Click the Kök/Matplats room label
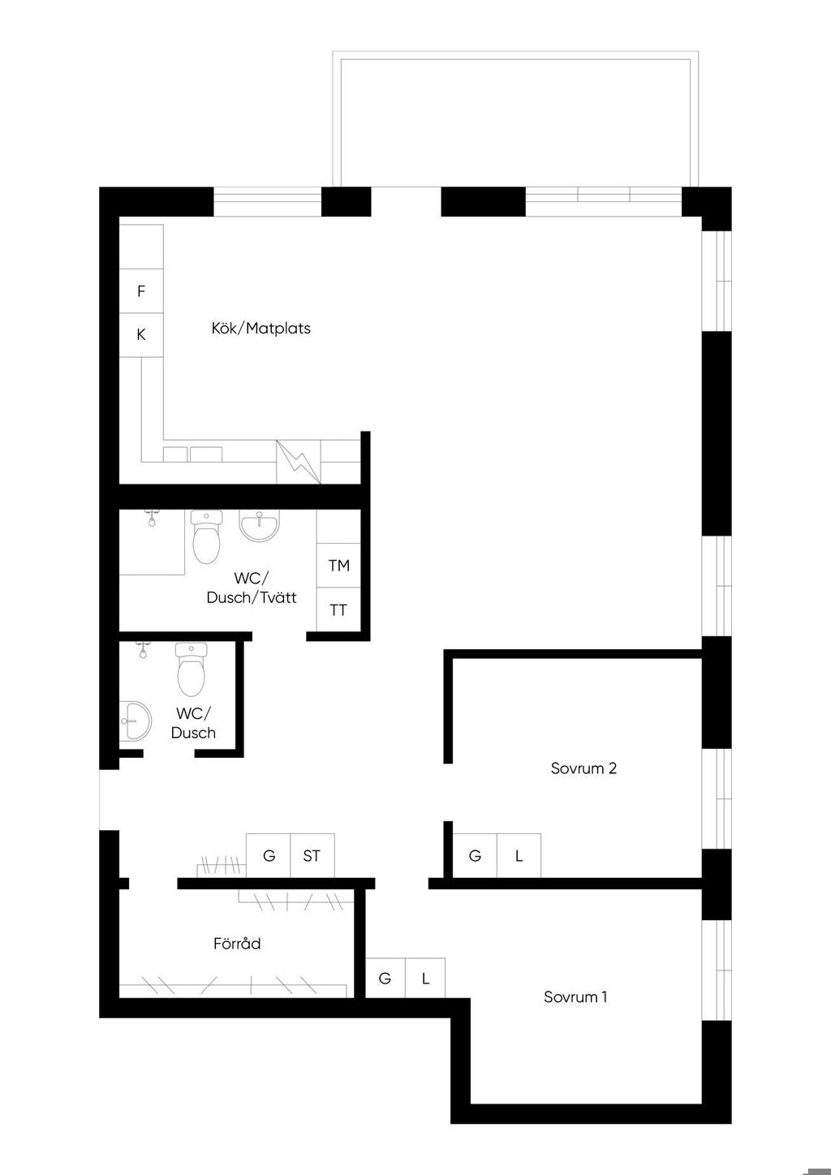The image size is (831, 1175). [260, 329]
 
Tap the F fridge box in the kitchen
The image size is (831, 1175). [141, 291]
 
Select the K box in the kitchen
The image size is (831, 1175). [141, 335]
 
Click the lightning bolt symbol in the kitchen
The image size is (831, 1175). [299, 462]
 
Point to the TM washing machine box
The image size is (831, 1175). [338, 566]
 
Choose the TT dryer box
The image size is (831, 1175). [338, 609]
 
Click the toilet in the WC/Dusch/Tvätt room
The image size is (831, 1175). [206, 536]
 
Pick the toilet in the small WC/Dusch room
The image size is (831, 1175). [191, 669]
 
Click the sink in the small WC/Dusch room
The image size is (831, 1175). [136, 721]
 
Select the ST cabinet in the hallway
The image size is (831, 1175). [312, 855]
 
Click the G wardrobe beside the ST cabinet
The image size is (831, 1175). [268, 855]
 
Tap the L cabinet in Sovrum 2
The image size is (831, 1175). [519, 855]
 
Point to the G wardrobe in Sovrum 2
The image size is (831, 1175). [475, 855]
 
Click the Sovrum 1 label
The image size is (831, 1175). [575, 996]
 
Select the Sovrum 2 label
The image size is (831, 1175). [583, 768]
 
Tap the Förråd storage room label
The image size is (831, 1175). [237, 943]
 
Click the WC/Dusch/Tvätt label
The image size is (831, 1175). [252, 587]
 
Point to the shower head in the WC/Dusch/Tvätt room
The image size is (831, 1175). [152, 519]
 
